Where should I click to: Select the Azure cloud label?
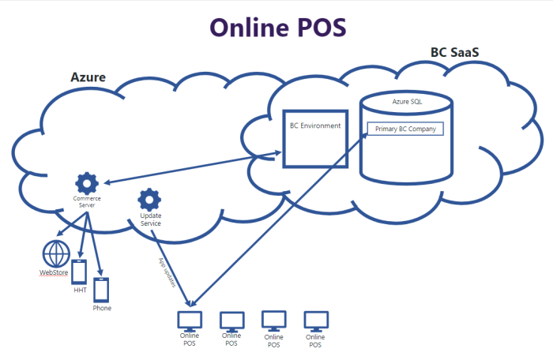pos(88,78)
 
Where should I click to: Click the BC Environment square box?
pos(315,139)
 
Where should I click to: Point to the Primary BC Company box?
pos(405,129)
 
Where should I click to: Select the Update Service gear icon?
pos(149,199)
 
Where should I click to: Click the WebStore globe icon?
pos(55,254)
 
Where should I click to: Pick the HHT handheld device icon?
pos(79,271)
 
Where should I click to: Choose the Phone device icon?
pos(101,290)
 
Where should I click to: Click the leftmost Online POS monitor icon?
pos(190,320)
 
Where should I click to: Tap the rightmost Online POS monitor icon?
pos(316,320)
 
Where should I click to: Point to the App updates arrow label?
pos(167,272)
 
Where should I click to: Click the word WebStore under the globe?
pos(54,272)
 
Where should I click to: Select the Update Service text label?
pos(150,219)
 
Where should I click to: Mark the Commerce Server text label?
pos(87,201)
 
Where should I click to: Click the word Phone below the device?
pos(102,308)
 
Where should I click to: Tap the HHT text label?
pos(79,291)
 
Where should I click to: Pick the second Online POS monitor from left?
pos(231,320)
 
